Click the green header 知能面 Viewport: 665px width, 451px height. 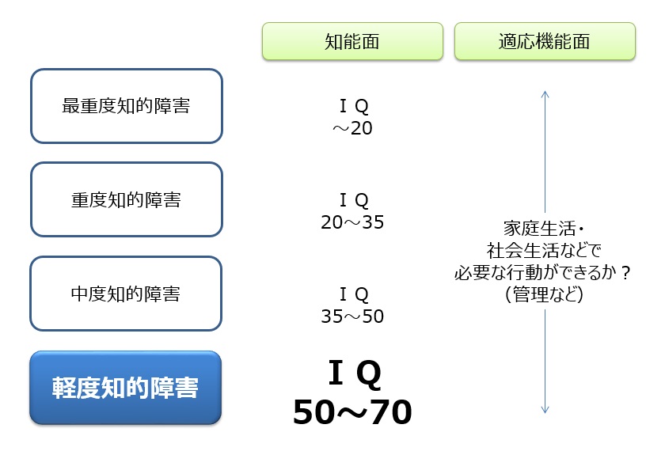[351, 41]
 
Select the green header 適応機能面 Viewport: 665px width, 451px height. [544, 41]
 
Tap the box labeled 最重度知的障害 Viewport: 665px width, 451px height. [126, 106]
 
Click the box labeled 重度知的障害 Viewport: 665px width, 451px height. [126, 199]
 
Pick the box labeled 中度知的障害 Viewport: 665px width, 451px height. [126, 294]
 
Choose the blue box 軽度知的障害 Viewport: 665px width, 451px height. [126, 388]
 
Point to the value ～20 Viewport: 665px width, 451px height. [352, 128]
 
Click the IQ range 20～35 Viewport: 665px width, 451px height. [352, 222]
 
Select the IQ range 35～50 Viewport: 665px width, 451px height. [352, 316]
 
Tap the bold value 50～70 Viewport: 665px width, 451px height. [352, 413]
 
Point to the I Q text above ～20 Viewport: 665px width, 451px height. [353, 106]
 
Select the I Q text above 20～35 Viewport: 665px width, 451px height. [353, 200]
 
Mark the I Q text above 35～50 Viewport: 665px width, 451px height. [353, 294]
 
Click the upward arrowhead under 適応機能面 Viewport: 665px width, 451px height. [545, 94]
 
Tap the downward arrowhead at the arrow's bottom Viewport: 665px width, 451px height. [545, 410]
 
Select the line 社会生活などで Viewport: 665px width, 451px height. [544, 251]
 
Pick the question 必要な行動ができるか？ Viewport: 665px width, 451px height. [544, 272]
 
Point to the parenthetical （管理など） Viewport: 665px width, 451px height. [544, 294]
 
